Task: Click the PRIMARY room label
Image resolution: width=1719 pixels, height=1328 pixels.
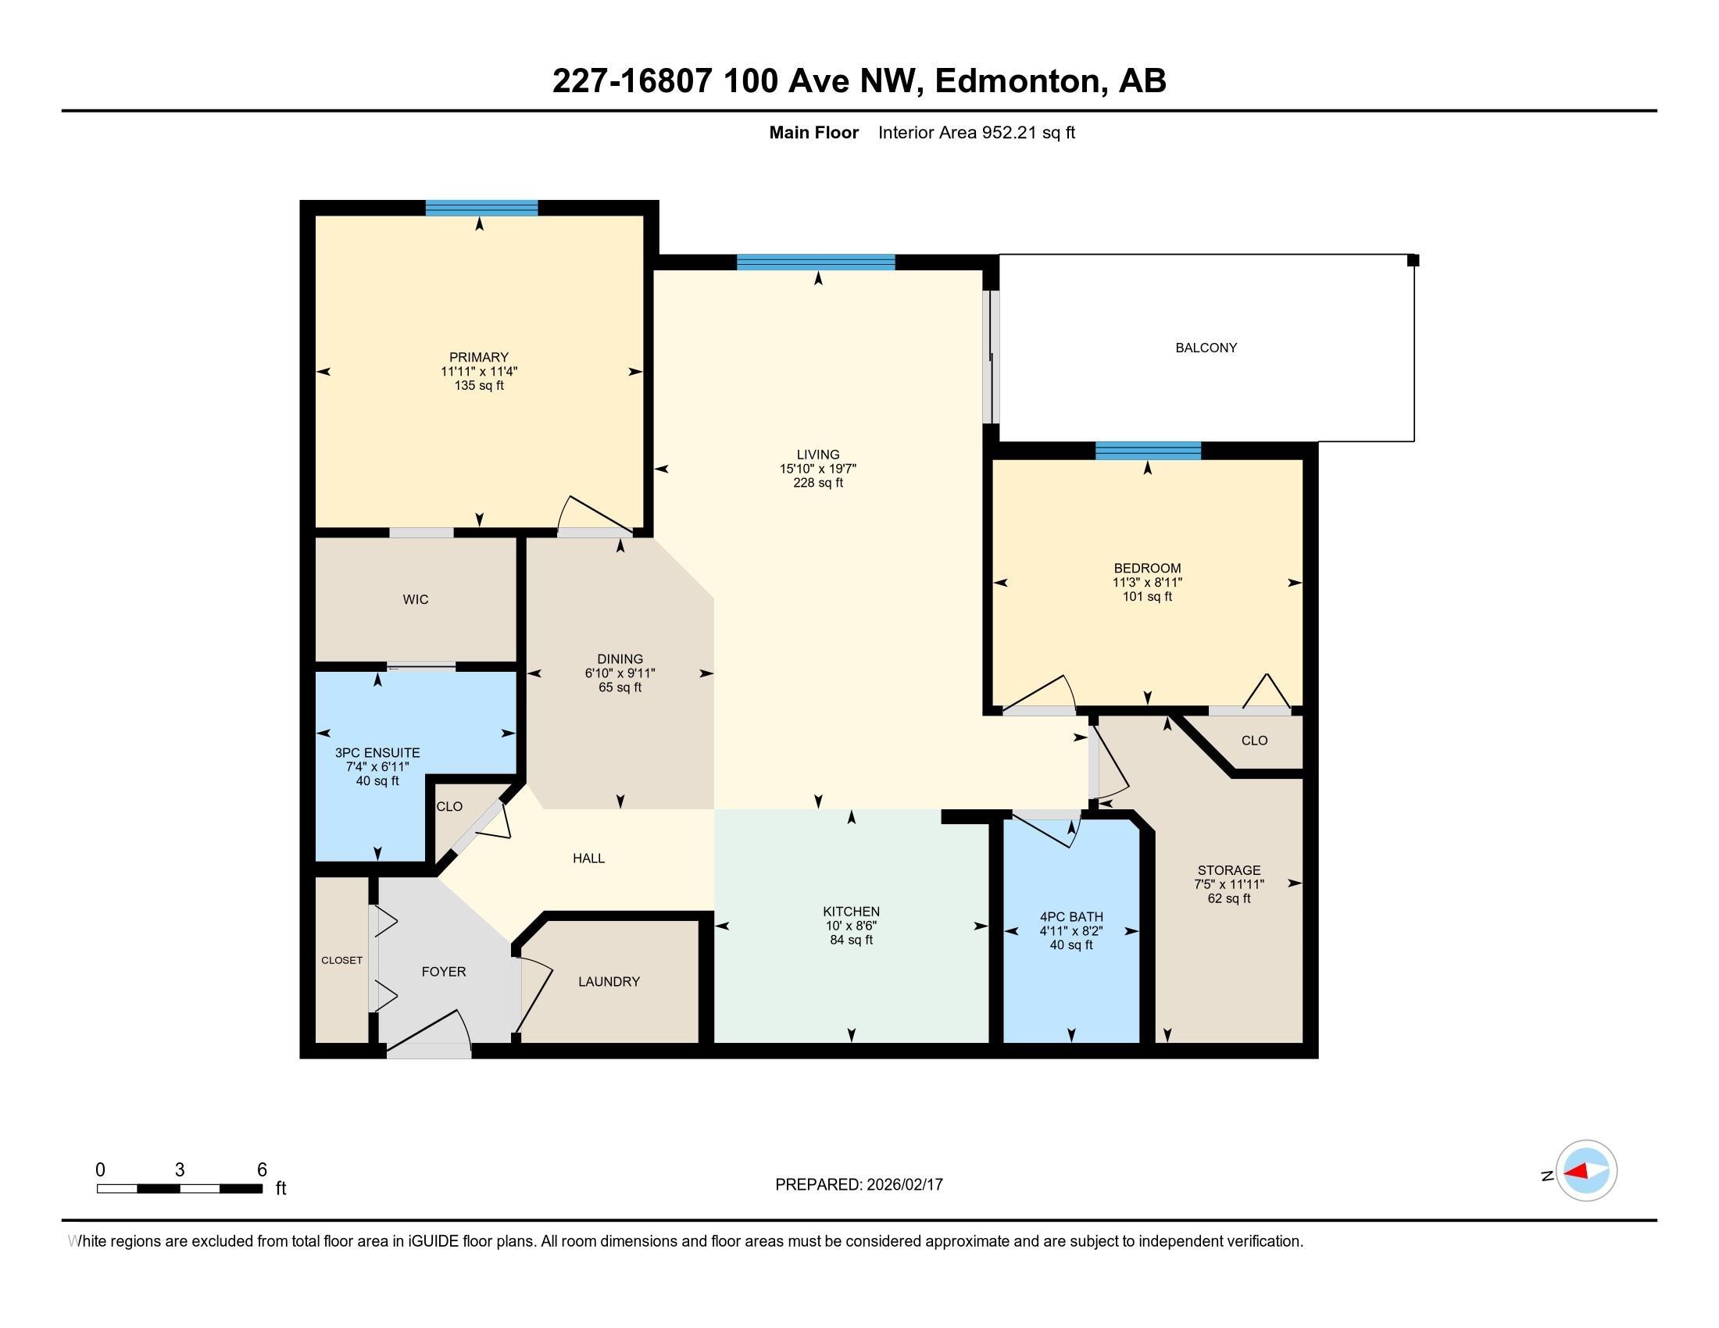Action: [478, 357]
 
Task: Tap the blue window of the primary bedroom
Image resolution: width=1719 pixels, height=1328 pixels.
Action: [481, 209]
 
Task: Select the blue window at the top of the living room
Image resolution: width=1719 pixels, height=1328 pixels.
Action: [816, 262]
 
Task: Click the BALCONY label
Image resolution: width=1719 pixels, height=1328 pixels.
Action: [1206, 348]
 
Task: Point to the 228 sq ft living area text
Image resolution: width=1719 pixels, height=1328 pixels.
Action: [818, 483]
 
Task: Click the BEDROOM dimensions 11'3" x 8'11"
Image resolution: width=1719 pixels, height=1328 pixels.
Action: [1147, 583]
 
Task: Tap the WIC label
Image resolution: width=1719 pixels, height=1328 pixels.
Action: [416, 599]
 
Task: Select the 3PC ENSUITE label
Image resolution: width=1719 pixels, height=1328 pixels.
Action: [377, 753]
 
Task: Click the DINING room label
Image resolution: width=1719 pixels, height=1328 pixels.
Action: [620, 659]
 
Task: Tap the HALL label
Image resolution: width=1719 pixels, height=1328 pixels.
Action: [588, 859]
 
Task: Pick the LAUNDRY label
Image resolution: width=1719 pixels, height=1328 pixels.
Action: [609, 982]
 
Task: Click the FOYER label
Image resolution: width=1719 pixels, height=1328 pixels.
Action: [443, 972]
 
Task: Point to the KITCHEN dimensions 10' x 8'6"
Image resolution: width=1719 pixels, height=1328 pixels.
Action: [851, 926]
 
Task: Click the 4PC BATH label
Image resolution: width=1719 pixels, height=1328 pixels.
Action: [1070, 916]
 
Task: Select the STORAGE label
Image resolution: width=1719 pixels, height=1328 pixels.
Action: [1228, 870]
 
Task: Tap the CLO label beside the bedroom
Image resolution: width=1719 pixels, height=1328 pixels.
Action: [1254, 741]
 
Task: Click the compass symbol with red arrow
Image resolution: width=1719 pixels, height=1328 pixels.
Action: [1585, 1171]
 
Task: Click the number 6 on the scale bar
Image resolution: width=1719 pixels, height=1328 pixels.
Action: [262, 1170]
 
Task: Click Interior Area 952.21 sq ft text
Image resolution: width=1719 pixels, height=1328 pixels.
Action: [976, 133]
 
